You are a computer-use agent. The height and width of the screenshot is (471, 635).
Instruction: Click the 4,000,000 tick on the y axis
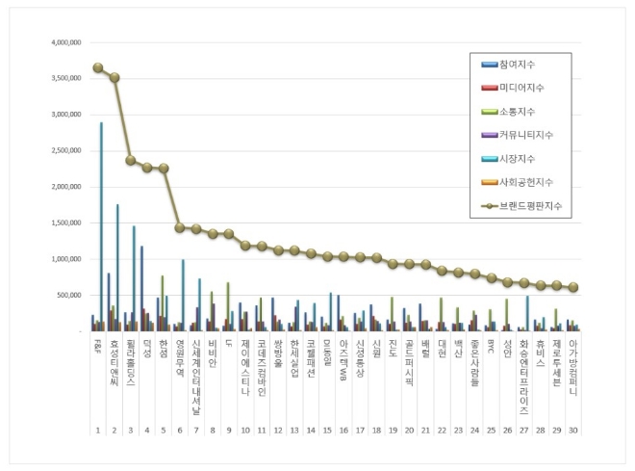(x=61, y=43)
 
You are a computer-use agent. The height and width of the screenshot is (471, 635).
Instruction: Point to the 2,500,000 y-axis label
(x=61, y=151)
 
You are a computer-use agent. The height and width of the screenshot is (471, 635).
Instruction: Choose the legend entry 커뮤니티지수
(x=524, y=135)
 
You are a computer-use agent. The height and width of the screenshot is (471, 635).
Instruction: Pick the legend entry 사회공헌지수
(x=524, y=182)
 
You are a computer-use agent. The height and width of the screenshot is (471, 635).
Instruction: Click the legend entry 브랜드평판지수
(x=527, y=206)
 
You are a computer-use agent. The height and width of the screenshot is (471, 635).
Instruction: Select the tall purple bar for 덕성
(x=141, y=288)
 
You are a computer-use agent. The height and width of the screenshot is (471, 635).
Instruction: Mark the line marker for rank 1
(x=97, y=67)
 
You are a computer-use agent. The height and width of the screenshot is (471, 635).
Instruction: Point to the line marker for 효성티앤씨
(x=114, y=77)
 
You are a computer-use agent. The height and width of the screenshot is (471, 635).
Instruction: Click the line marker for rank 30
(x=572, y=287)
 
